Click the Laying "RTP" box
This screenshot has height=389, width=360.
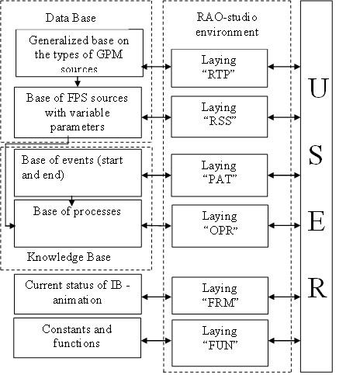point(220,68)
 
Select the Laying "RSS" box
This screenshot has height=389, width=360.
point(220,116)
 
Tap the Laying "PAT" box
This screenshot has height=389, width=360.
point(220,175)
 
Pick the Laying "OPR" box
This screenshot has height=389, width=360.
point(220,226)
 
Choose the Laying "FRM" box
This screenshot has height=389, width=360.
point(220,296)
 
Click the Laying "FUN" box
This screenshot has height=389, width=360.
point(220,343)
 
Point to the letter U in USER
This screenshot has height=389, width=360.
point(318,88)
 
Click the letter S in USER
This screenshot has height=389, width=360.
point(316,155)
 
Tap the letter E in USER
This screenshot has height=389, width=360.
point(317,221)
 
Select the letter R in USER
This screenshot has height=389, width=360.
point(317,288)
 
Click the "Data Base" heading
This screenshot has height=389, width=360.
point(71,18)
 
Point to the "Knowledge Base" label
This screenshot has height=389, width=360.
point(69,257)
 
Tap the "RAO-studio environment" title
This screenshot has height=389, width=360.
point(227,25)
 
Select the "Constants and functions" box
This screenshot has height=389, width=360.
point(78,338)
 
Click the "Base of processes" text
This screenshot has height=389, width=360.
point(77,211)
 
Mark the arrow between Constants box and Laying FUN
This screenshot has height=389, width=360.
point(157,341)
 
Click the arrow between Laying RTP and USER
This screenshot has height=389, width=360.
point(284,67)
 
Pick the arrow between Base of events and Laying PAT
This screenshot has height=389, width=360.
point(157,175)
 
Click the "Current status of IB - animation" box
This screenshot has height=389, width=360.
point(78,294)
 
